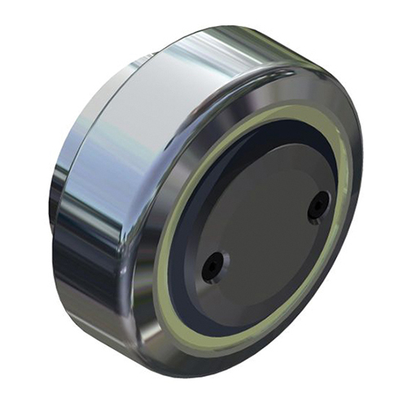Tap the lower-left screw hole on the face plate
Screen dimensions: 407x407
(x=214, y=265)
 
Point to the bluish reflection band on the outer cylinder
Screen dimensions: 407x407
(x=106, y=163)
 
